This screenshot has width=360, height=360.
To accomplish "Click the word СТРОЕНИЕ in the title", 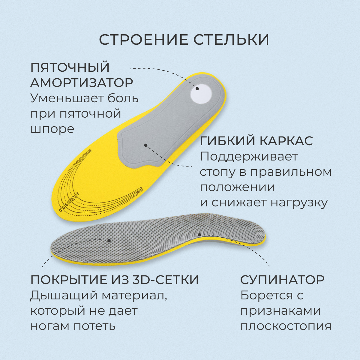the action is click(x=143, y=40).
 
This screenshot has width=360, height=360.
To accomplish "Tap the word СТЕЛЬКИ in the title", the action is click(x=231, y=40).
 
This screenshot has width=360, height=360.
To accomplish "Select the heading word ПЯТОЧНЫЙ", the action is click(x=70, y=67).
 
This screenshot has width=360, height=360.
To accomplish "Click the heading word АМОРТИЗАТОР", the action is click(x=82, y=82).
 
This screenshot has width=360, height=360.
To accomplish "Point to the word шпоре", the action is click(x=52, y=129).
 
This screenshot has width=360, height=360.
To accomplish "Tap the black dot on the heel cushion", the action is click(x=197, y=88).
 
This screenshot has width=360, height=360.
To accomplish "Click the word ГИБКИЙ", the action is click(x=226, y=141).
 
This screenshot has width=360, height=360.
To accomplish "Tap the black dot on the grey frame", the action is click(x=146, y=145).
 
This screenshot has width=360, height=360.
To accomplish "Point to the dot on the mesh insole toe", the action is click(x=109, y=241).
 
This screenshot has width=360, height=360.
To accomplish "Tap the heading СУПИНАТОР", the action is click(x=282, y=280).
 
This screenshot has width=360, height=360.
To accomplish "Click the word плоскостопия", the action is click(x=286, y=326).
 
